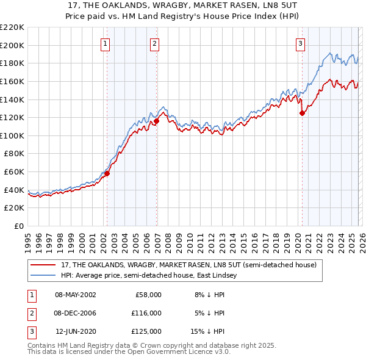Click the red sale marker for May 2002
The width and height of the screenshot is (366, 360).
107,173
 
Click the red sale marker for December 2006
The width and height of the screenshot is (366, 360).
156,121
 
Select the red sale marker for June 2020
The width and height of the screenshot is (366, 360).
302,113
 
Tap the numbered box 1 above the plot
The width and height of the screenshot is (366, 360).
106,43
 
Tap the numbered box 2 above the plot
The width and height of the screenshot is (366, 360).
156,43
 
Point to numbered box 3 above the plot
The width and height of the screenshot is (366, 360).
301,43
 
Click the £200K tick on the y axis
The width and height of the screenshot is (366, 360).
12,45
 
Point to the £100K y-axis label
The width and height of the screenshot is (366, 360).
12,135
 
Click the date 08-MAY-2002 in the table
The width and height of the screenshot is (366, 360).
75,295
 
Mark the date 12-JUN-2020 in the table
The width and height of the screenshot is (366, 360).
75,331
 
